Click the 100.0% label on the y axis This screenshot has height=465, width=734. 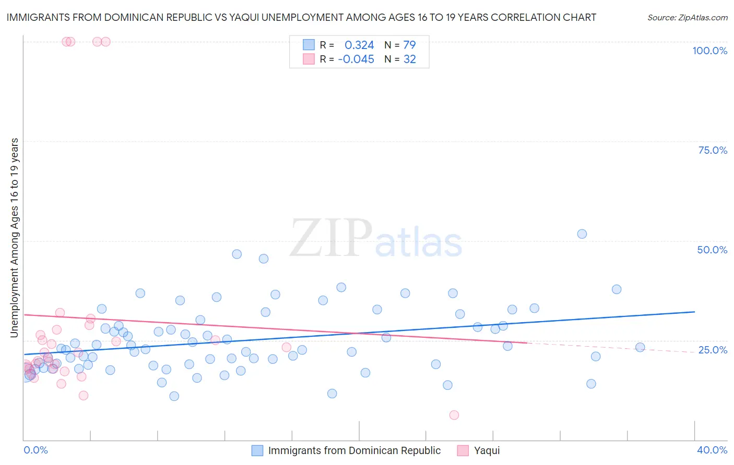[709, 51]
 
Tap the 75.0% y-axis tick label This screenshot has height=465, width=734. [713, 150]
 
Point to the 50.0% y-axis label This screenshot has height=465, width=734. [712, 250]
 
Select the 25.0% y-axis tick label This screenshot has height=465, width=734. [713, 350]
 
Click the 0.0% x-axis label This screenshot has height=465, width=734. [35, 450]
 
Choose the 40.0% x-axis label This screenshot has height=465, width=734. [712, 450]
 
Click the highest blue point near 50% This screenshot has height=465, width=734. [582, 234]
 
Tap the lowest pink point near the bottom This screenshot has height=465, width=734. [454, 415]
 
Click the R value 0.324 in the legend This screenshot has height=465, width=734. [359, 45]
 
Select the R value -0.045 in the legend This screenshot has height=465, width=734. [356, 59]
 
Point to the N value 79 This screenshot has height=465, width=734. [409, 45]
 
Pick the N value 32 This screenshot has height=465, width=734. [409, 59]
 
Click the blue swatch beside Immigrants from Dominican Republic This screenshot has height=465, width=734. [257, 450]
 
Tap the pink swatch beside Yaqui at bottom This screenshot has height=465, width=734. [463, 450]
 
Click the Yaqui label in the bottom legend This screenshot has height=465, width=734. [487, 450]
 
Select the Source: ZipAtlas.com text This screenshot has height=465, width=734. [687, 18]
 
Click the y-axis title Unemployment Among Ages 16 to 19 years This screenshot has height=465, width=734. [15, 237]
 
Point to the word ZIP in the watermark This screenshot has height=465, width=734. [330, 238]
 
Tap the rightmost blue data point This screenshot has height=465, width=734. [640, 347]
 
